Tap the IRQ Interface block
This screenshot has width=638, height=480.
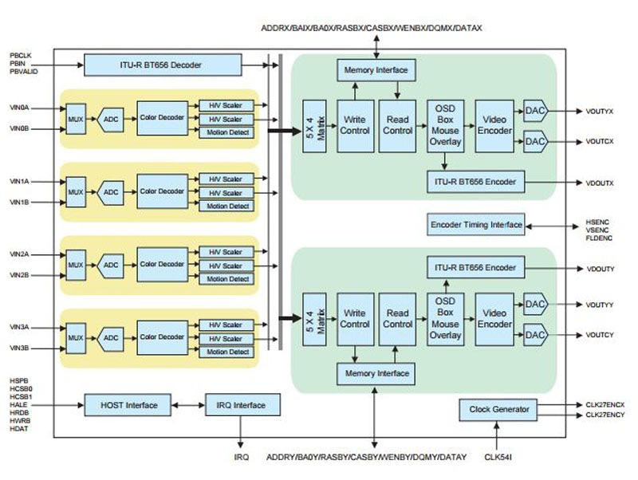pyautogui.click(x=242, y=405)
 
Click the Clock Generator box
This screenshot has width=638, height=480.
pyautogui.click(x=499, y=409)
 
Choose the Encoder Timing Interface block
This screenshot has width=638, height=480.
pyautogui.click(x=476, y=225)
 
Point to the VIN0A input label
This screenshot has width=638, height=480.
pyautogui.click(x=19, y=107)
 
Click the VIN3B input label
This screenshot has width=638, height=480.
pyautogui.click(x=19, y=348)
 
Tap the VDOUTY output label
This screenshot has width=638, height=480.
pyautogui.click(x=601, y=269)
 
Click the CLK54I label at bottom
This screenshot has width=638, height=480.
pyautogui.click(x=498, y=457)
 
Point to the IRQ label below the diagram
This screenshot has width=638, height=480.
pyautogui.click(x=242, y=457)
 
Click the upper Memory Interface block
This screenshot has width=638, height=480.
pyautogui.click(x=375, y=70)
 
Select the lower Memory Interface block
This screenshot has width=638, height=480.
pyautogui.click(x=375, y=372)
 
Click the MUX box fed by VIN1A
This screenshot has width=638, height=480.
pyautogui.click(x=76, y=192)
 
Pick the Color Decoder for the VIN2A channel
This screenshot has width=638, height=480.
pyautogui.click(x=163, y=264)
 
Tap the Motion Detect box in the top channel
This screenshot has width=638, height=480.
pyautogui.click(x=228, y=132)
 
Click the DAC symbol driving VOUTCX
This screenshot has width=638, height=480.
pyautogui.click(x=534, y=142)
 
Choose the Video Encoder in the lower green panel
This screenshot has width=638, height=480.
pyautogui.click(x=494, y=319)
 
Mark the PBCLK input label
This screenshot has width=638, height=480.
pyautogui.click(x=21, y=54)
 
